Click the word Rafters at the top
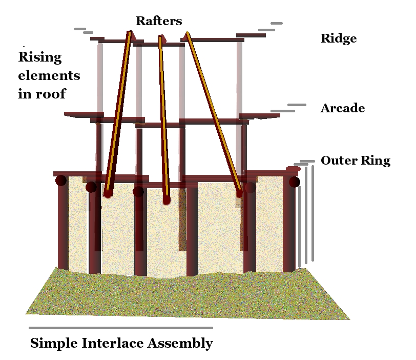coord(159,21)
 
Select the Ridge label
coord(338,38)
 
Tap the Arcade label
coord(343,108)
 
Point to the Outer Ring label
coord(356,161)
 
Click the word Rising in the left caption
coord(40,57)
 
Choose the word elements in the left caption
coord(49,76)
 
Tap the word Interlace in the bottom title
coord(113,343)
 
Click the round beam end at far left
coord(61,181)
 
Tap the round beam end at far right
coord(294,182)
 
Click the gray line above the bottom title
coord(120,327)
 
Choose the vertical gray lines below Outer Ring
coord(306,215)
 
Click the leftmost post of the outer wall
coord(63,226)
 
